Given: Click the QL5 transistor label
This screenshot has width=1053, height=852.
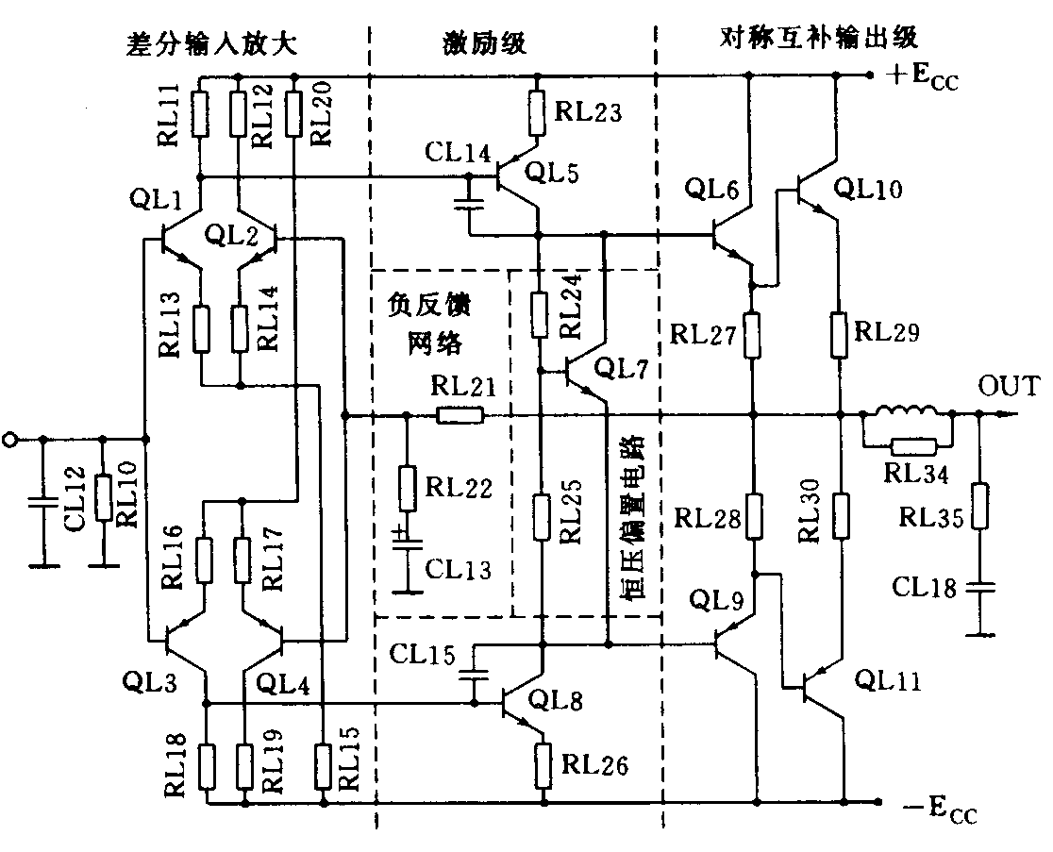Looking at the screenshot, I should point(551,173).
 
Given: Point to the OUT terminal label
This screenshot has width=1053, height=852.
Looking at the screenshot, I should point(1008,386).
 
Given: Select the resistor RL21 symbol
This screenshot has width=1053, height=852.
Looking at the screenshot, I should point(460,414).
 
